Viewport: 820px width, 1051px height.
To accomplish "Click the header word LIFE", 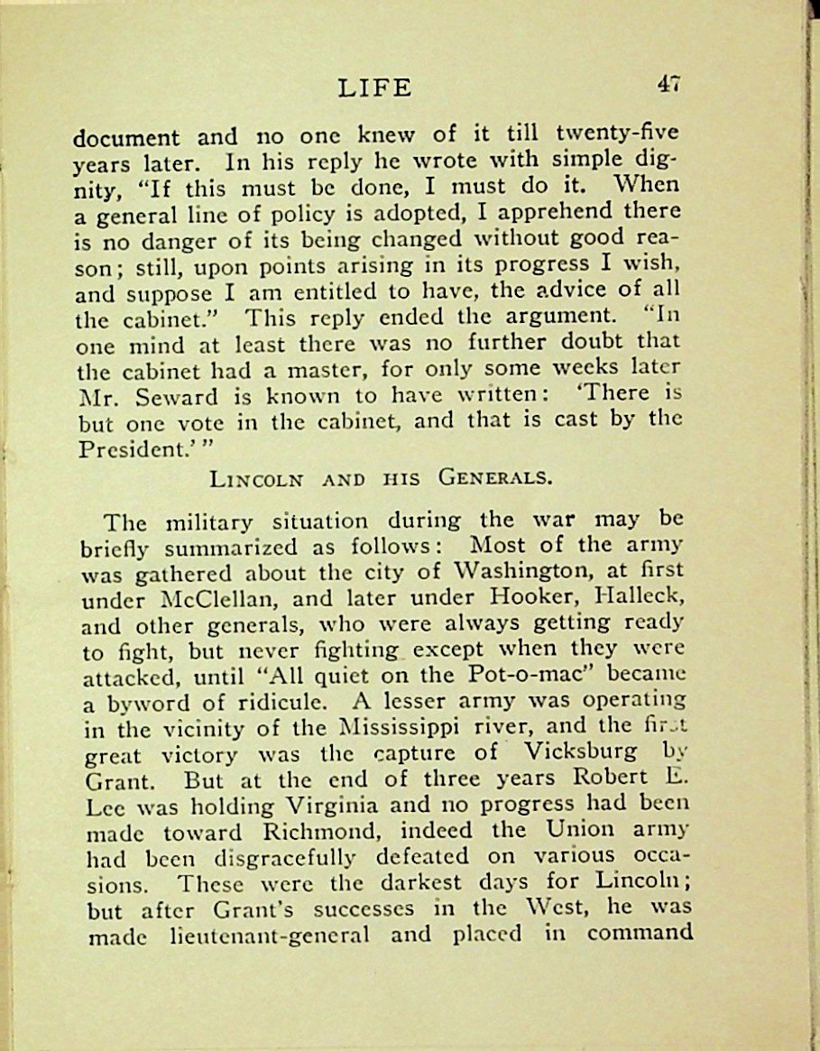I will tap(375, 88).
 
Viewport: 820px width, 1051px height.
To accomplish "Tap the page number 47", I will tap(668, 83).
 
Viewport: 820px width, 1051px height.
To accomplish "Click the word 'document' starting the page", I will tap(126, 139).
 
